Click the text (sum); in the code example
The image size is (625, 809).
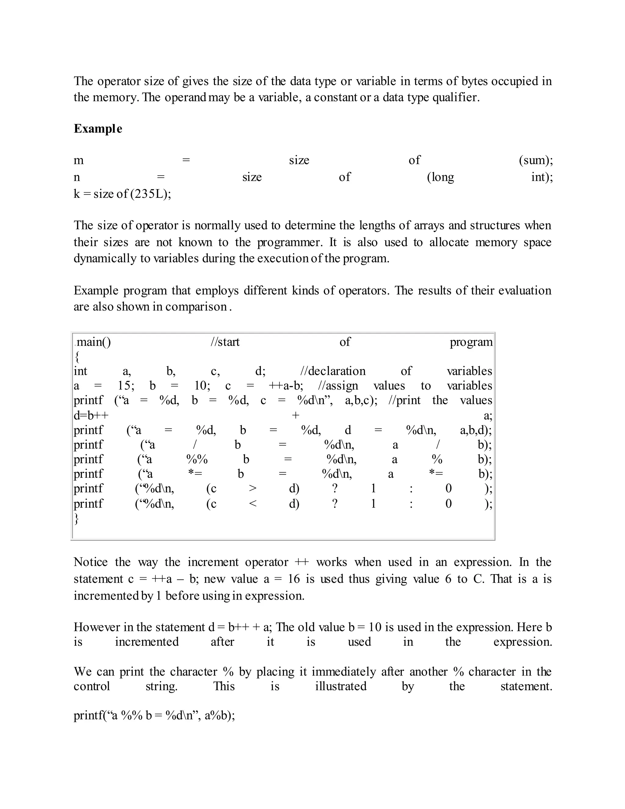point(535,160)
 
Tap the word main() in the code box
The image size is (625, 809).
point(93,342)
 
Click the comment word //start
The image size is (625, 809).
point(225,342)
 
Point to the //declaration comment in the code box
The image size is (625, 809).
point(333,371)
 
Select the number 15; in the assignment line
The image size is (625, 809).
point(126,386)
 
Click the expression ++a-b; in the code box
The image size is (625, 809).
point(285,386)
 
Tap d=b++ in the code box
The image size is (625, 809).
point(91,415)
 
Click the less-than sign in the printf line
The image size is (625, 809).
point(252,504)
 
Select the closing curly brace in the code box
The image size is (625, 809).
point(76,519)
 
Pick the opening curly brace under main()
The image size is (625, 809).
point(77,357)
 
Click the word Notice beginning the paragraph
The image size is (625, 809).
point(91,562)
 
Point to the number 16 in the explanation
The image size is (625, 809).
point(294,579)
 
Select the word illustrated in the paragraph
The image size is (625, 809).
point(341,686)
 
